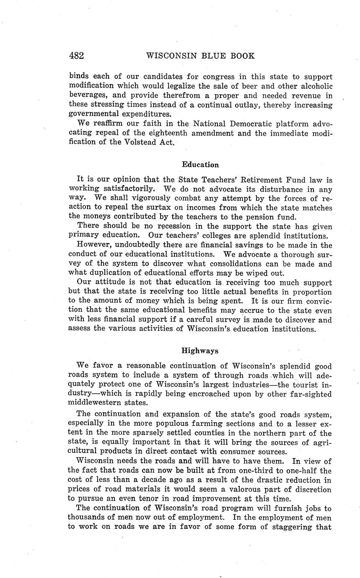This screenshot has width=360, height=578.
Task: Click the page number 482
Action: tap(76, 56)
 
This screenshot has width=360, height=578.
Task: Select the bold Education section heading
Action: tap(200, 165)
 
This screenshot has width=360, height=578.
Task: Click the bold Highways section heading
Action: tap(200, 351)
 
